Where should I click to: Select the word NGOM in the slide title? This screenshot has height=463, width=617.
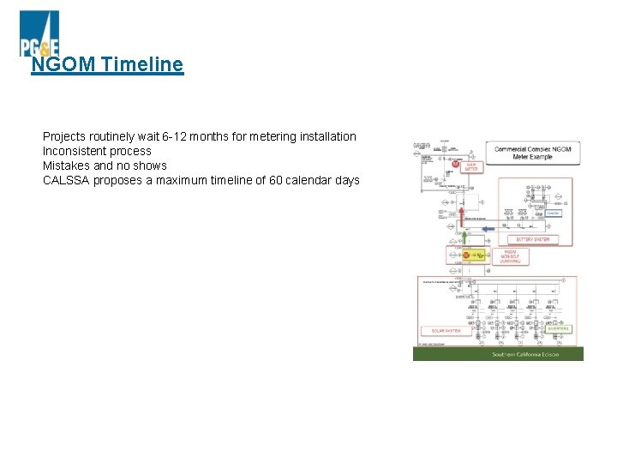pyautogui.click(x=63, y=64)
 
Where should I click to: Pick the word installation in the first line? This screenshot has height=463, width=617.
pyautogui.click(x=326, y=136)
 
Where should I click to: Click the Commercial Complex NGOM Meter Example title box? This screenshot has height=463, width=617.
pyautogui.click(x=532, y=153)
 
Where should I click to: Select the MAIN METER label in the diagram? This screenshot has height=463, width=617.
pyautogui.click(x=471, y=166)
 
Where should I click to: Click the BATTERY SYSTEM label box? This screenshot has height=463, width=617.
pyautogui.click(x=532, y=239)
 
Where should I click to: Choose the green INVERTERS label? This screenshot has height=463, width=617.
pyautogui.click(x=558, y=328)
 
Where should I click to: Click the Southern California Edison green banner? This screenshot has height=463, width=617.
pyautogui.click(x=498, y=354)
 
